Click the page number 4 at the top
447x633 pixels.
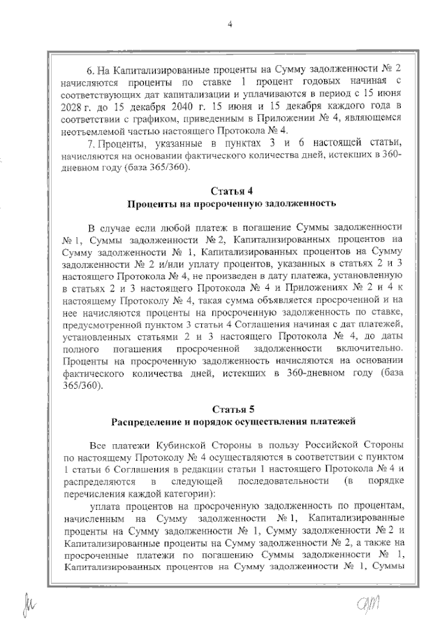tap(229, 26)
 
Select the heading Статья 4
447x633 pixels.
tap(229, 191)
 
